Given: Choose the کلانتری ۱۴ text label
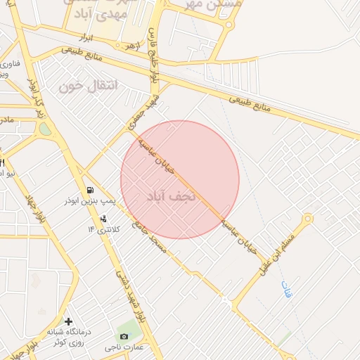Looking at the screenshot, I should pos(104,229).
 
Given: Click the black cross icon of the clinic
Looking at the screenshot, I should pos(68,321).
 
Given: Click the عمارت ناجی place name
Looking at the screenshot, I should pos(124,348).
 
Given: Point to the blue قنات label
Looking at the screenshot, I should pos(285,289).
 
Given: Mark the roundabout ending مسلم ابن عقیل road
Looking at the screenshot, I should pos(308,218).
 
